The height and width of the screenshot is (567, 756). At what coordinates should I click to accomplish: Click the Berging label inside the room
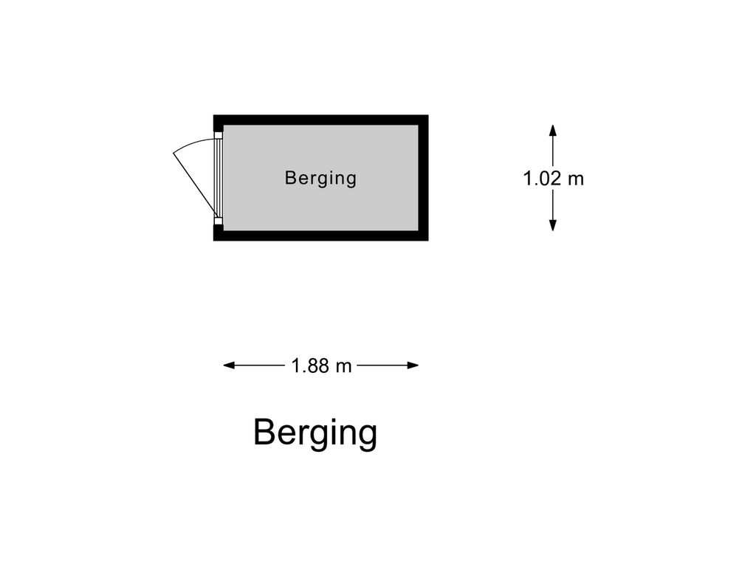point(320,178)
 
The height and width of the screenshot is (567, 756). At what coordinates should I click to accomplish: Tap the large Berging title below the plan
point(315,433)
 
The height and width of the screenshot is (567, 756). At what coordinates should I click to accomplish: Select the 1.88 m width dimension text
point(321,365)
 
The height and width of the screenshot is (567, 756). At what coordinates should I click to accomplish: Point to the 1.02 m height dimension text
point(553,178)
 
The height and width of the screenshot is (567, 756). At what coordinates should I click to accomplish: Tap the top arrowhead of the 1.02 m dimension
point(552,130)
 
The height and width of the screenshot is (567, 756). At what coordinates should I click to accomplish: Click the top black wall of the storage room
point(321,120)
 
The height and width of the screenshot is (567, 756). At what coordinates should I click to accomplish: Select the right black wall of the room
point(423,178)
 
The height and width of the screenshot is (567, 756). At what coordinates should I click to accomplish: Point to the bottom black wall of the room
point(321,236)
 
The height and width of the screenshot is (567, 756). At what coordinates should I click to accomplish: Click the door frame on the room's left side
point(218,178)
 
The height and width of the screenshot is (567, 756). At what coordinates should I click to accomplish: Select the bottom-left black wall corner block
point(218,233)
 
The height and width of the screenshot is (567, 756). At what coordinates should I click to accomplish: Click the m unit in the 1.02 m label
point(575,178)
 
